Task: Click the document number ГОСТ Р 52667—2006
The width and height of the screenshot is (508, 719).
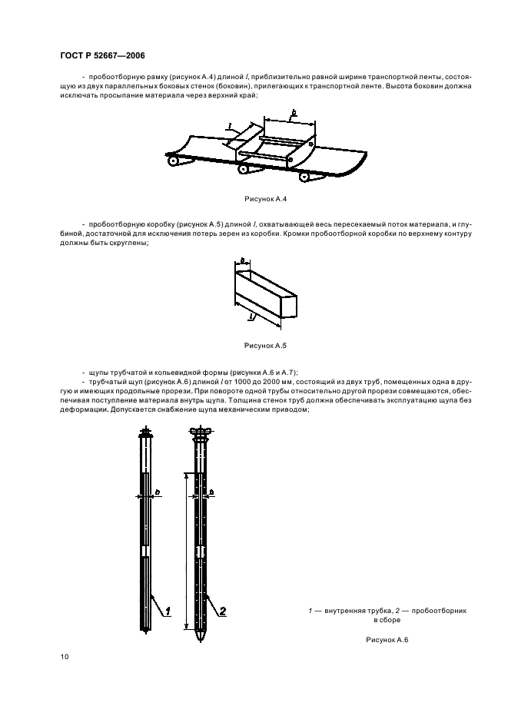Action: pos(101,56)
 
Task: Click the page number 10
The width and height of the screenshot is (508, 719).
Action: pos(64,657)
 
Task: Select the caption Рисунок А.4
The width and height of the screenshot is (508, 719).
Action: pos(265,200)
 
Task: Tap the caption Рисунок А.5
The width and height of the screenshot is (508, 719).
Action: pos(264,346)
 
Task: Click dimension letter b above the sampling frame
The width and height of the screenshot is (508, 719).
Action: pos(293,113)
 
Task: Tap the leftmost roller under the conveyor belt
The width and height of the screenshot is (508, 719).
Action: pos(173,161)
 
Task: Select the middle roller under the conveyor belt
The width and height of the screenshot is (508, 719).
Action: pos(244,169)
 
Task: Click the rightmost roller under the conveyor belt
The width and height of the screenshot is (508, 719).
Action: pos(310,177)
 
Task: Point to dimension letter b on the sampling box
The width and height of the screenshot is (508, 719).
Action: pos(241,261)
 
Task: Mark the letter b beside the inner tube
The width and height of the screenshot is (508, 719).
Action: pos(158,491)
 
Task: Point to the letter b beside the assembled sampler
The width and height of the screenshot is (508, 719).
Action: pos(211,491)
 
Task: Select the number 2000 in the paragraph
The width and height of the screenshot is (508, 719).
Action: pos(281,381)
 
